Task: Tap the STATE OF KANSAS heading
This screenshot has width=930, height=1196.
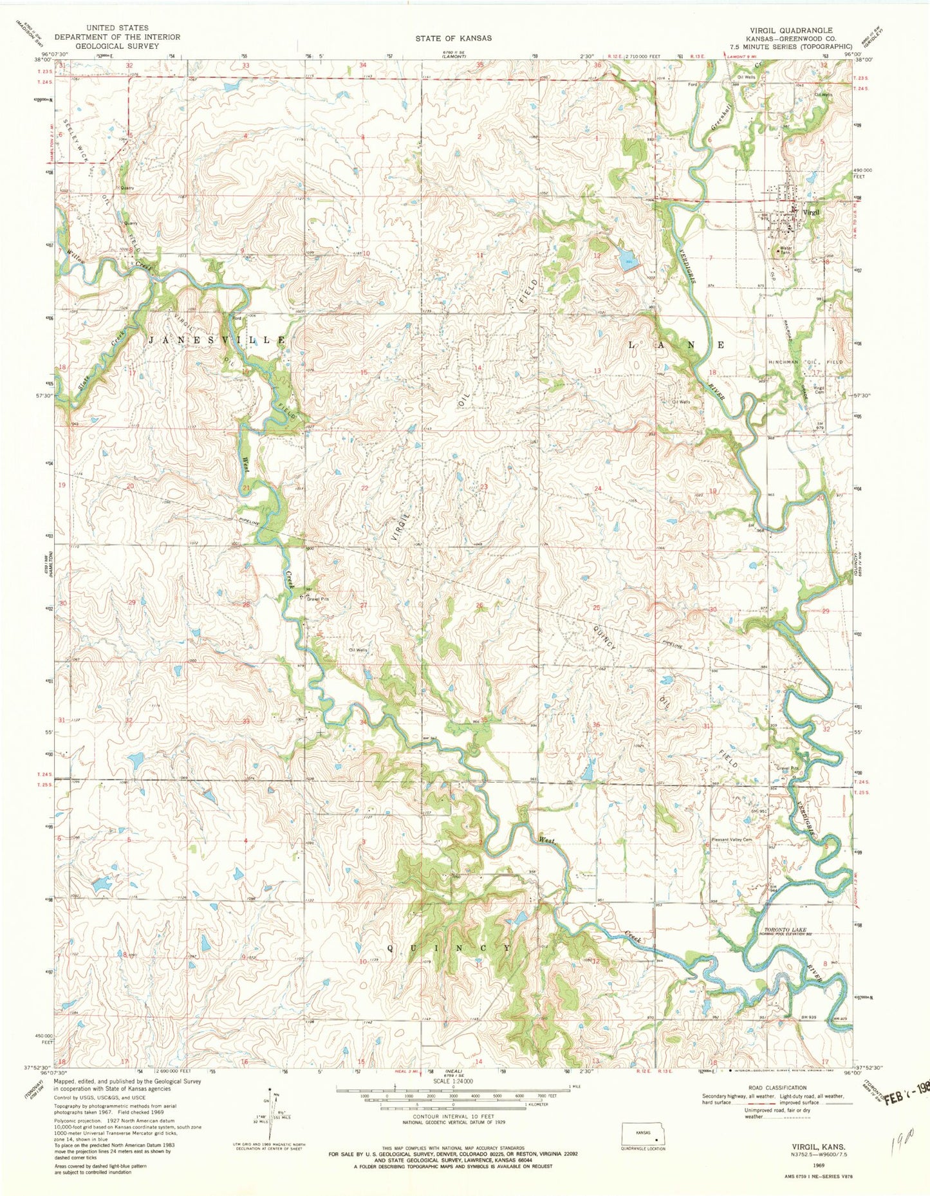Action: click(x=453, y=39)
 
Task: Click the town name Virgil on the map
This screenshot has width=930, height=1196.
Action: click(x=812, y=212)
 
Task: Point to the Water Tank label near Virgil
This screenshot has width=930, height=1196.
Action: click(x=786, y=250)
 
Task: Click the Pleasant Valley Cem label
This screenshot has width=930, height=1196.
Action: click(x=732, y=839)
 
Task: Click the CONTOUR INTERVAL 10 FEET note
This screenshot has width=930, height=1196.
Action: click(x=453, y=1117)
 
